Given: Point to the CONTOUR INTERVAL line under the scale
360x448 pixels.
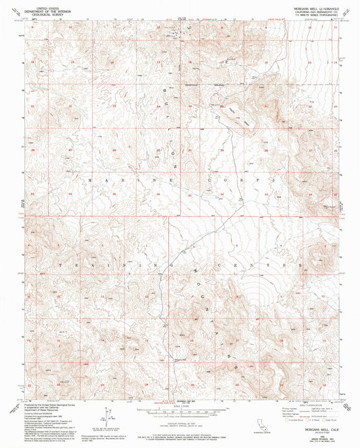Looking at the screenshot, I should click(179, 422).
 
